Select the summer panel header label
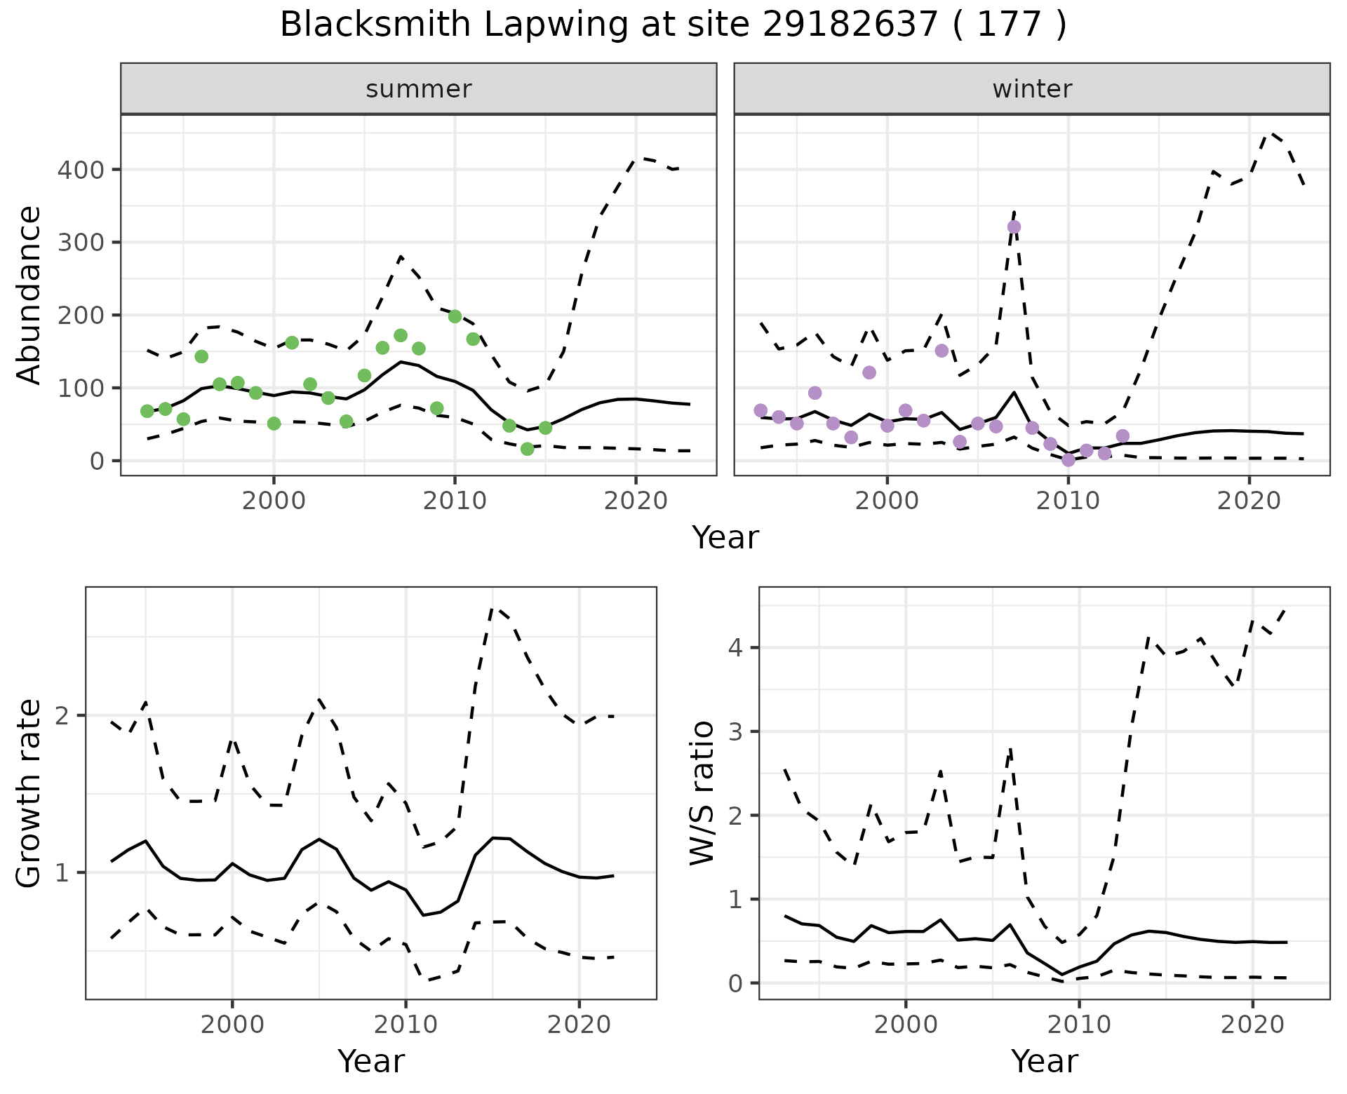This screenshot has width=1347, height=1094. pyautogui.click(x=419, y=89)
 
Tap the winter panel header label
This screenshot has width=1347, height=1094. pyautogui.click(x=1032, y=89)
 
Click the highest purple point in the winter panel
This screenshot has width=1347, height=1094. pyautogui.click(x=1014, y=227)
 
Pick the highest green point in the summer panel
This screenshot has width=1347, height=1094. pyautogui.click(x=455, y=316)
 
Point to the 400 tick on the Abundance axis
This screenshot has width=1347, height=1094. pyautogui.click(x=80, y=170)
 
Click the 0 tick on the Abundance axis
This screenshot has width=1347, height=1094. pyautogui.click(x=96, y=461)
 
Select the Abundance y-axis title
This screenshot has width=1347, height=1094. pyautogui.click(x=29, y=295)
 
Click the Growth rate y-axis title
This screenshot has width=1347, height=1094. pyautogui.click(x=29, y=793)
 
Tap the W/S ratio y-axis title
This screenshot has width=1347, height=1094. pyautogui.click(x=702, y=793)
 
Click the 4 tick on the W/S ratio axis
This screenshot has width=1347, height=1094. pyautogui.click(x=735, y=647)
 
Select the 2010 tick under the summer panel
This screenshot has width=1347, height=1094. pyautogui.click(x=455, y=501)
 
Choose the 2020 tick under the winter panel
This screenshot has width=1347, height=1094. pyautogui.click(x=1249, y=501)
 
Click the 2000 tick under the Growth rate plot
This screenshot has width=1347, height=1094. pyautogui.click(x=232, y=1025)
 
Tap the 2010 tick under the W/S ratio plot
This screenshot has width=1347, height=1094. pyautogui.click(x=1079, y=1025)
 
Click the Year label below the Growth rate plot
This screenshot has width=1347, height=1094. pyautogui.click(x=371, y=1061)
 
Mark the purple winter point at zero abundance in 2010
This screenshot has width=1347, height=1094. pyautogui.click(x=1068, y=460)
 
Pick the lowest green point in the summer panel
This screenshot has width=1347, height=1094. pyautogui.click(x=528, y=449)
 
